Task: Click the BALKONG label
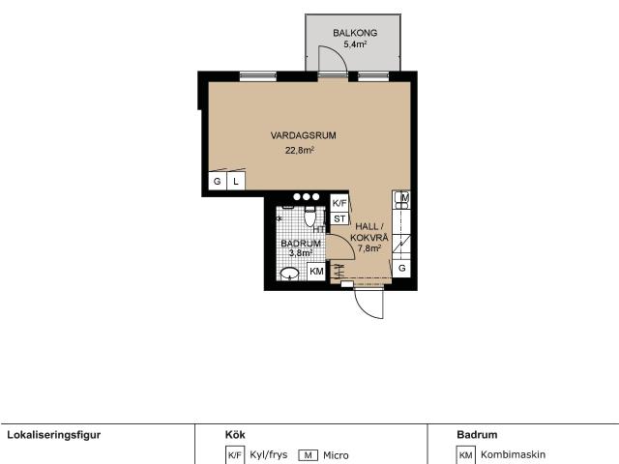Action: click(x=355, y=33)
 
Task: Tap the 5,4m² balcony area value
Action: click(x=355, y=44)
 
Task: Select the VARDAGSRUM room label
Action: click(x=303, y=135)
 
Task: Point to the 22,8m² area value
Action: click(x=300, y=150)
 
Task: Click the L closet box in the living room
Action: click(x=236, y=181)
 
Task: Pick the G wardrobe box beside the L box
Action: click(x=218, y=181)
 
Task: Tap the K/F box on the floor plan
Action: click(x=339, y=204)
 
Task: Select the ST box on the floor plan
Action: click(x=339, y=218)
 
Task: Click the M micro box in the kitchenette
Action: click(x=404, y=197)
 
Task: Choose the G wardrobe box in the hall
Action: click(x=402, y=269)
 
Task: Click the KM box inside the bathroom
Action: click(x=316, y=272)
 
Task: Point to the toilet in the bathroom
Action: click(x=310, y=217)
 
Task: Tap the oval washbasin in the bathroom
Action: click(x=289, y=273)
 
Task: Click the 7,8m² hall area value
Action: click(x=369, y=248)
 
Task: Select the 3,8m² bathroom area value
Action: click(x=301, y=253)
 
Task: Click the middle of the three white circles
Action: click(x=307, y=197)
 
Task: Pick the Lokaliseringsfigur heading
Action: click(x=54, y=435)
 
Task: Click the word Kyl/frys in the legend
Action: click(x=269, y=455)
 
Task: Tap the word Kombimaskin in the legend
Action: click(x=513, y=454)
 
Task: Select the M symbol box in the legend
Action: click(x=309, y=455)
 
